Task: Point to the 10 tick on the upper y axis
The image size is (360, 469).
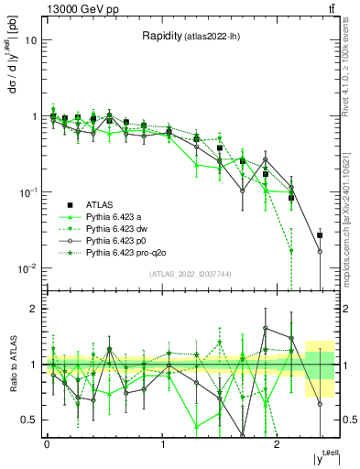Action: [x=31, y=41]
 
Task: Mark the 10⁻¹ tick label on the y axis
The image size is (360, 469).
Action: [x=27, y=192]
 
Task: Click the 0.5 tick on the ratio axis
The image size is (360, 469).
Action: [x=29, y=420]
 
